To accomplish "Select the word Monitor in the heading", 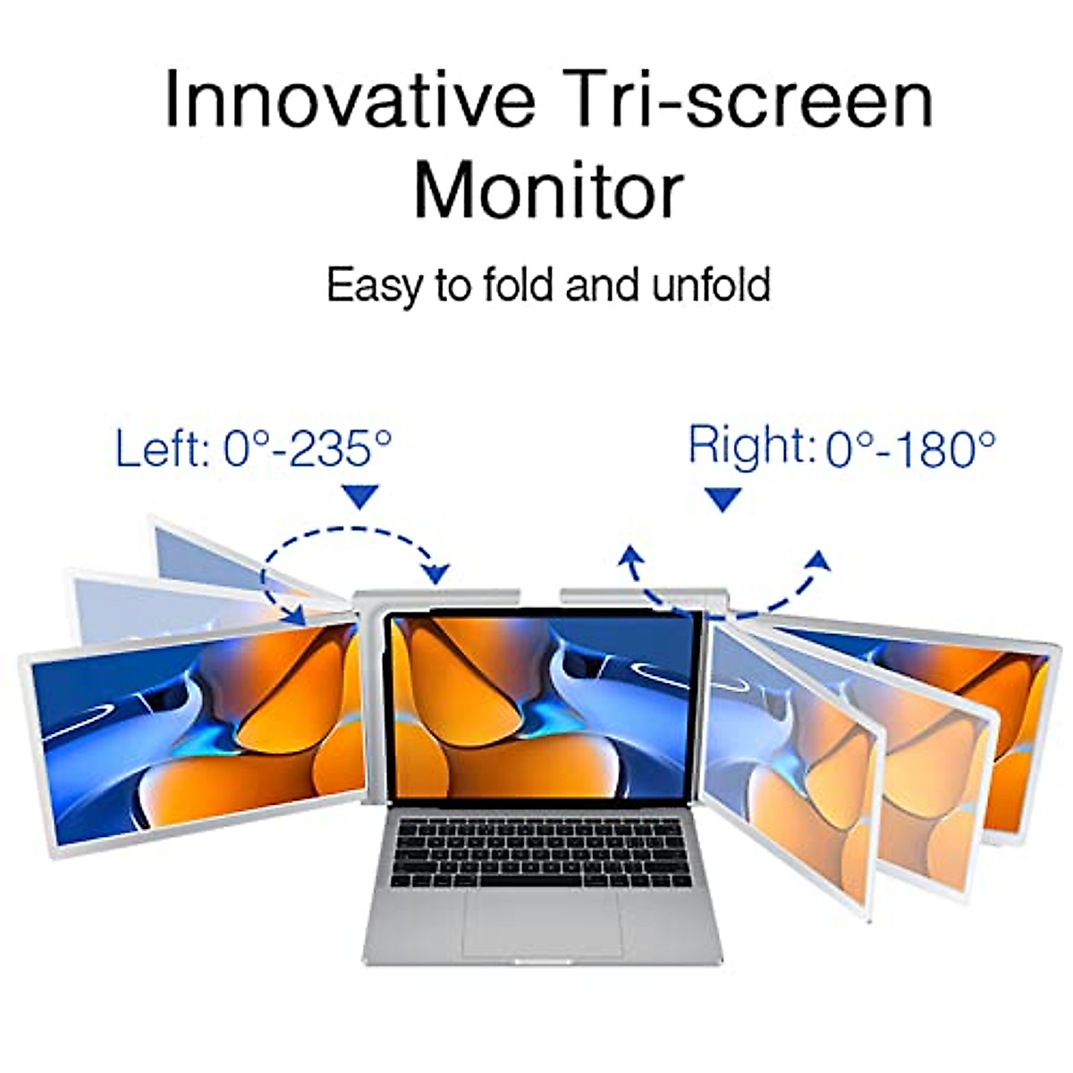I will click(548, 190).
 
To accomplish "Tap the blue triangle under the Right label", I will click(722, 499).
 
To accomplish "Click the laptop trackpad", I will click(543, 922).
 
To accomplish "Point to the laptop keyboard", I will click(544, 853).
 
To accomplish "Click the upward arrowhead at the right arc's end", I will click(818, 561).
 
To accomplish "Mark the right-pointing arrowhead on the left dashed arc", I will click(438, 573).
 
